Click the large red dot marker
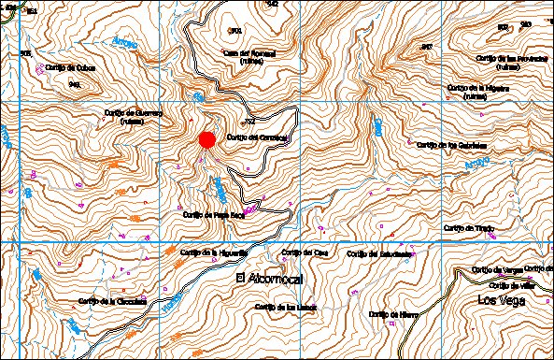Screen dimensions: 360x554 [x=207, y=139]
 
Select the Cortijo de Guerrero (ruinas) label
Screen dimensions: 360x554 [x=131, y=116]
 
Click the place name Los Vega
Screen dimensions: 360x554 [x=502, y=300]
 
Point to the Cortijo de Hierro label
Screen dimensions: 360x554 [x=393, y=314]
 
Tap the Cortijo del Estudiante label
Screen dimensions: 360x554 [x=379, y=253]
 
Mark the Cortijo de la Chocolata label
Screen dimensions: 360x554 [x=113, y=301]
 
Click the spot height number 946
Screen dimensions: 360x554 [x=74, y=84]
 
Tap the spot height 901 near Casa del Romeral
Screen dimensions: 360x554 [x=235, y=30]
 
